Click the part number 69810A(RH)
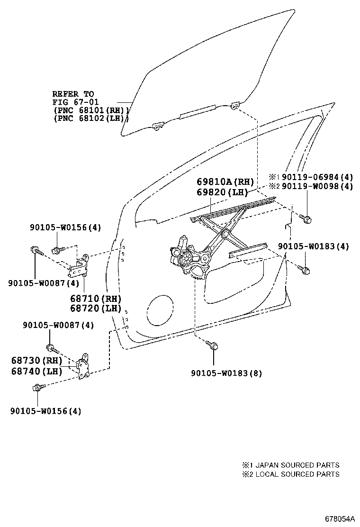(x=225, y=182)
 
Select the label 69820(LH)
(x=222, y=192)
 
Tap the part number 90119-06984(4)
(x=317, y=177)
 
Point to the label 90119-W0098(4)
(x=317, y=187)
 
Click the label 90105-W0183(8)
(x=227, y=373)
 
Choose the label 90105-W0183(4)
(x=313, y=246)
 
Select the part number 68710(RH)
(x=96, y=299)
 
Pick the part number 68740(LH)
(x=37, y=371)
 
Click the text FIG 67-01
(x=76, y=102)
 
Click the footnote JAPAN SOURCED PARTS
(x=297, y=465)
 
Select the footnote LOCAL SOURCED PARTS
(x=297, y=474)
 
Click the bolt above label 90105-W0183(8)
(x=212, y=345)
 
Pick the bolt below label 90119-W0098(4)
(x=306, y=218)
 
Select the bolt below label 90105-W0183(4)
(x=304, y=269)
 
